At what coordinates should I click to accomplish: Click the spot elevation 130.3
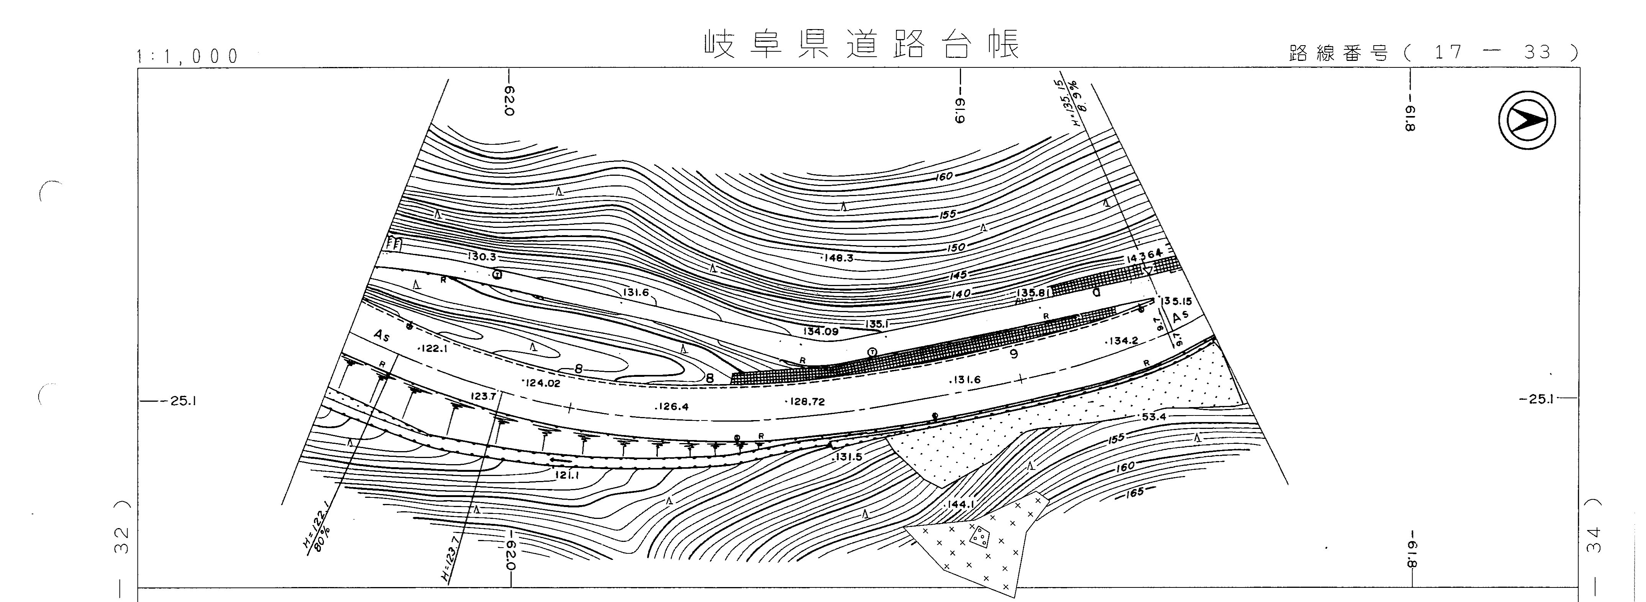482,257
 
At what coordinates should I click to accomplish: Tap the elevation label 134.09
821,332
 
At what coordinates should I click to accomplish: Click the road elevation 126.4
672,406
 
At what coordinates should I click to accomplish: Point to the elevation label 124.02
542,383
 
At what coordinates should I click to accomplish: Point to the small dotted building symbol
979,538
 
